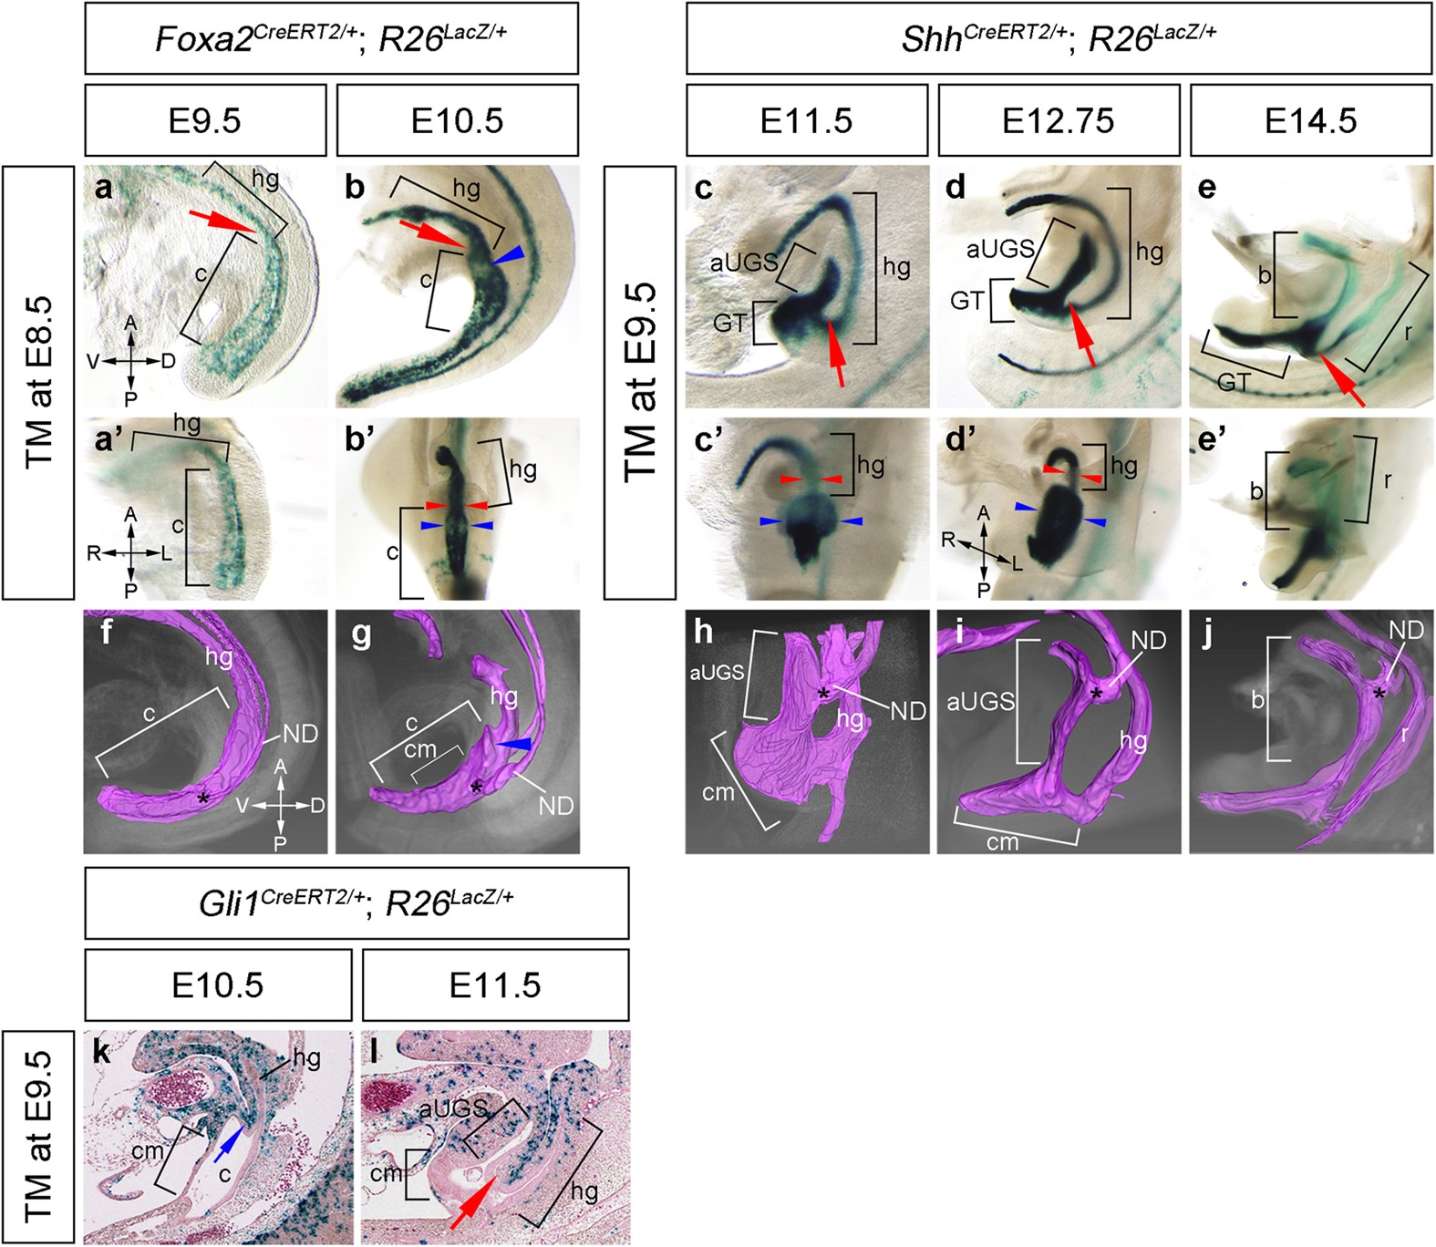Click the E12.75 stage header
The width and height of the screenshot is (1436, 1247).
pyautogui.click(x=1058, y=120)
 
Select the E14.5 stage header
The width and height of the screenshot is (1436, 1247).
pyautogui.click(x=1310, y=120)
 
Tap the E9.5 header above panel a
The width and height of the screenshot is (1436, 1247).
pyautogui.click(x=205, y=120)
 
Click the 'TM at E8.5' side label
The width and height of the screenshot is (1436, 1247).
pyautogui.click(x=39, y=382)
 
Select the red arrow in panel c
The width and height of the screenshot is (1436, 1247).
pyautogui.click(x=836, y=355)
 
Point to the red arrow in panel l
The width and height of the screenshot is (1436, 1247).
pyautogui.click(x=473, y=1203)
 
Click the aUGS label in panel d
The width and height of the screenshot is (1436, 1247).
pyautogui.click(x=1000, y=249)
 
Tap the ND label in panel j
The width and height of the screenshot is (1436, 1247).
pyautogui.click(x=1406, y=629)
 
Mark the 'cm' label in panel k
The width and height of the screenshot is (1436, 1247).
pyautogui.click(x=147, y=1150)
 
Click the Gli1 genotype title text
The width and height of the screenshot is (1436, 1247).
pyautogui.click(x=356, y=902)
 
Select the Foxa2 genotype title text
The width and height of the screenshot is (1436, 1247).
pyautogui.click(x=331, y=39)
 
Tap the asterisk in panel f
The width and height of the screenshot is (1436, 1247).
pyautogui.click(x=202, y=799)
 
